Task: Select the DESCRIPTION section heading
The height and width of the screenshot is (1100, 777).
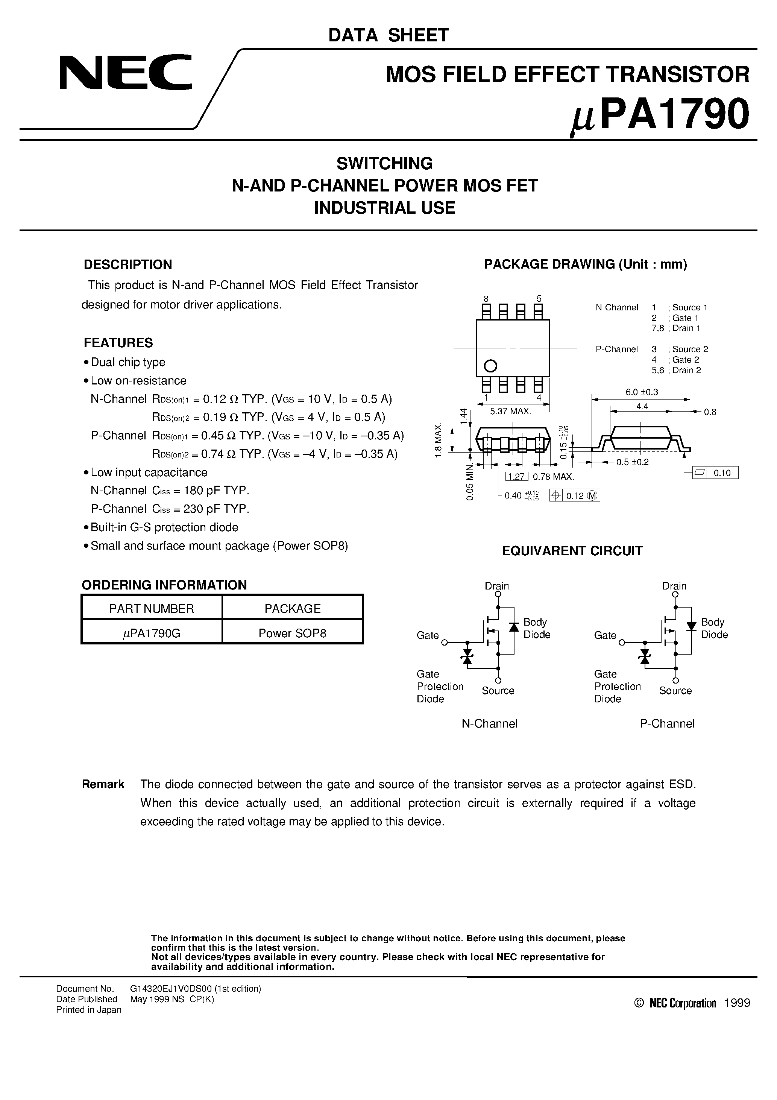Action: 127,264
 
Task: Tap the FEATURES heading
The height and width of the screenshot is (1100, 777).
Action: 118,343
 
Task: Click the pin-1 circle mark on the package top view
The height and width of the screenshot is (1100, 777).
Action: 490,366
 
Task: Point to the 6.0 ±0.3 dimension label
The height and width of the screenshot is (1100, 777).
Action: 642,392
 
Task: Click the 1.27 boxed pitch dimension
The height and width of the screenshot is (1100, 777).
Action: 516,477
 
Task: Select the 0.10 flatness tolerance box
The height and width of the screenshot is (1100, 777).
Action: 722,473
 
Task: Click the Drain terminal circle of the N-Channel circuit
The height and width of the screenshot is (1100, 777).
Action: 498,594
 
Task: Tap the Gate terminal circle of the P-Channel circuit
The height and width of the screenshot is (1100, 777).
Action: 622,643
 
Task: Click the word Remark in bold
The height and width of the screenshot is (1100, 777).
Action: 103,784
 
